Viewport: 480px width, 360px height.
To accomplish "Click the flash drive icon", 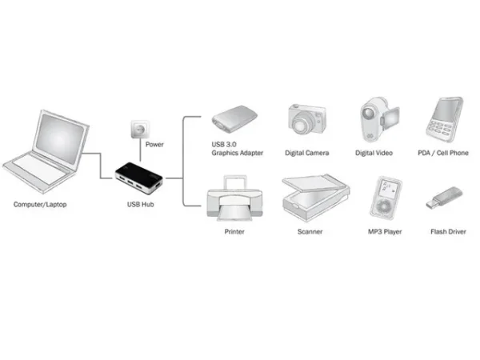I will pyautogui.click(x=443, y=198).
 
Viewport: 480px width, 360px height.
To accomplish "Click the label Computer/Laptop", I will pyautogui.click(x=40, y=206).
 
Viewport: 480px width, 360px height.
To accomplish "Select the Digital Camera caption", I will pyautogui.click(x=307, y=152).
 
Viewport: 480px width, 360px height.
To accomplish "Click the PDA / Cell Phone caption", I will pyautogui.click(x=445, y=152).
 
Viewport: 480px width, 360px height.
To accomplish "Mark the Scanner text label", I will pyautogui.click(x=310, y=232).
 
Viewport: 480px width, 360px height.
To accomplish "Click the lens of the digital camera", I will pyautogui.click(x=304, y=126).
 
